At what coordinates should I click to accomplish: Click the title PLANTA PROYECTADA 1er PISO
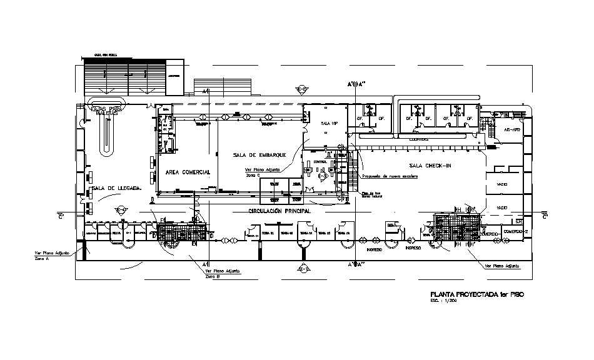(x=473, y=294)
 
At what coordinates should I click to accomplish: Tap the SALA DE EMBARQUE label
(x=259, y=155)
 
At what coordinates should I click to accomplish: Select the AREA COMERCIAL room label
(x=188, y=172)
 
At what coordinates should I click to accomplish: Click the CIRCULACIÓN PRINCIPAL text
(x=279, y=211)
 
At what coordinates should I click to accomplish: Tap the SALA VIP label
(x=330, y=124)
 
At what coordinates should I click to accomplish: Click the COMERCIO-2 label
(x=516, y=232)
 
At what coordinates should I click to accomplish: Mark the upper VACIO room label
(x=501, y=185)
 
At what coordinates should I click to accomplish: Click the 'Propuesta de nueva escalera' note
(x=390, y=176)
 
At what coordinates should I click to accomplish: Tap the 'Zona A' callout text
(x=41, y=257)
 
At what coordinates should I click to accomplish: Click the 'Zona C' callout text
(x=252, y=174)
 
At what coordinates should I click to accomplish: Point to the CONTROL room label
(x=320, y=162)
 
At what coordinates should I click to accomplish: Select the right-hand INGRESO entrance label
(x=413, y=247)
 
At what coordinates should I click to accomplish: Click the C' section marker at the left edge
(x=61, y=217)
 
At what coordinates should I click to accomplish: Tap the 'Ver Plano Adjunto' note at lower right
(x=503, y=266)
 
